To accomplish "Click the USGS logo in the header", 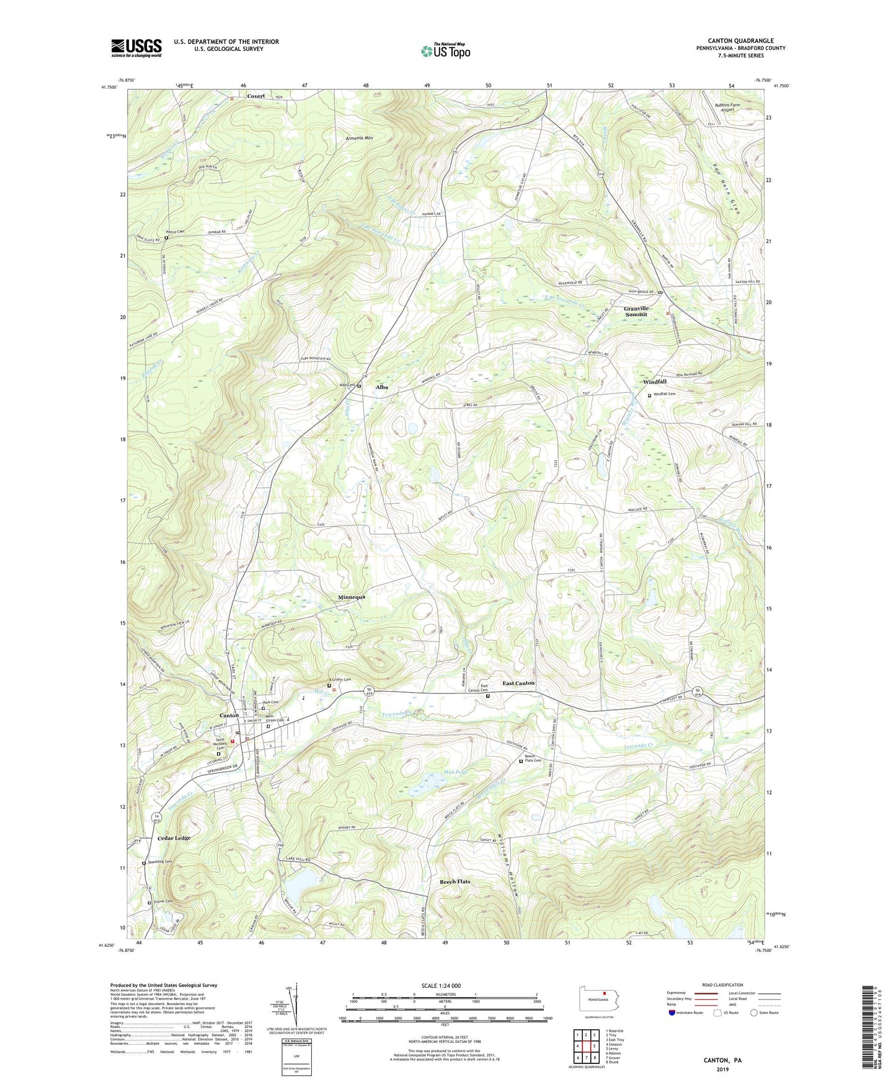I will click(136, 48).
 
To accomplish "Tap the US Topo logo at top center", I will click(445, 51).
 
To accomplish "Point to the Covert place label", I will click(255, 96).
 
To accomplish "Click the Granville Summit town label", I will click(636, 311).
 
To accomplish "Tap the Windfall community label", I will click(654, 382).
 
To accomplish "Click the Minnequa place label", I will click(352, 597).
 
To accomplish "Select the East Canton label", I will click(518, 683).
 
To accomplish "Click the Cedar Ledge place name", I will click(174, 838).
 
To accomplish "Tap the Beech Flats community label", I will click(455, 881).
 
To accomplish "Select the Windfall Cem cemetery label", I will click(663, 394).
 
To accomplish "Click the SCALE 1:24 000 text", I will click(441, 985).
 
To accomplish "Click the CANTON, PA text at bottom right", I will click(722, 1060).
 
